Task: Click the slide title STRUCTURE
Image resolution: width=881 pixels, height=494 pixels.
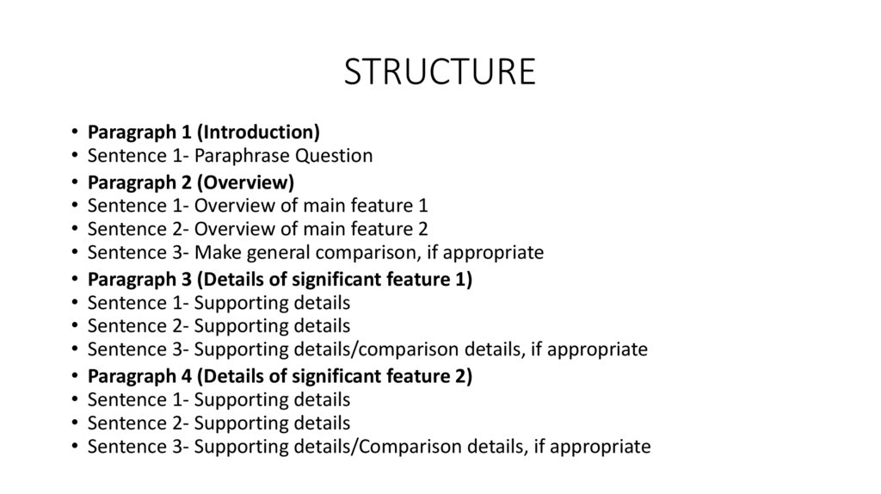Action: point(440,72)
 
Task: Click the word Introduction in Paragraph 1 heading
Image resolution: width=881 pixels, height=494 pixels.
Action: point(262,133)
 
